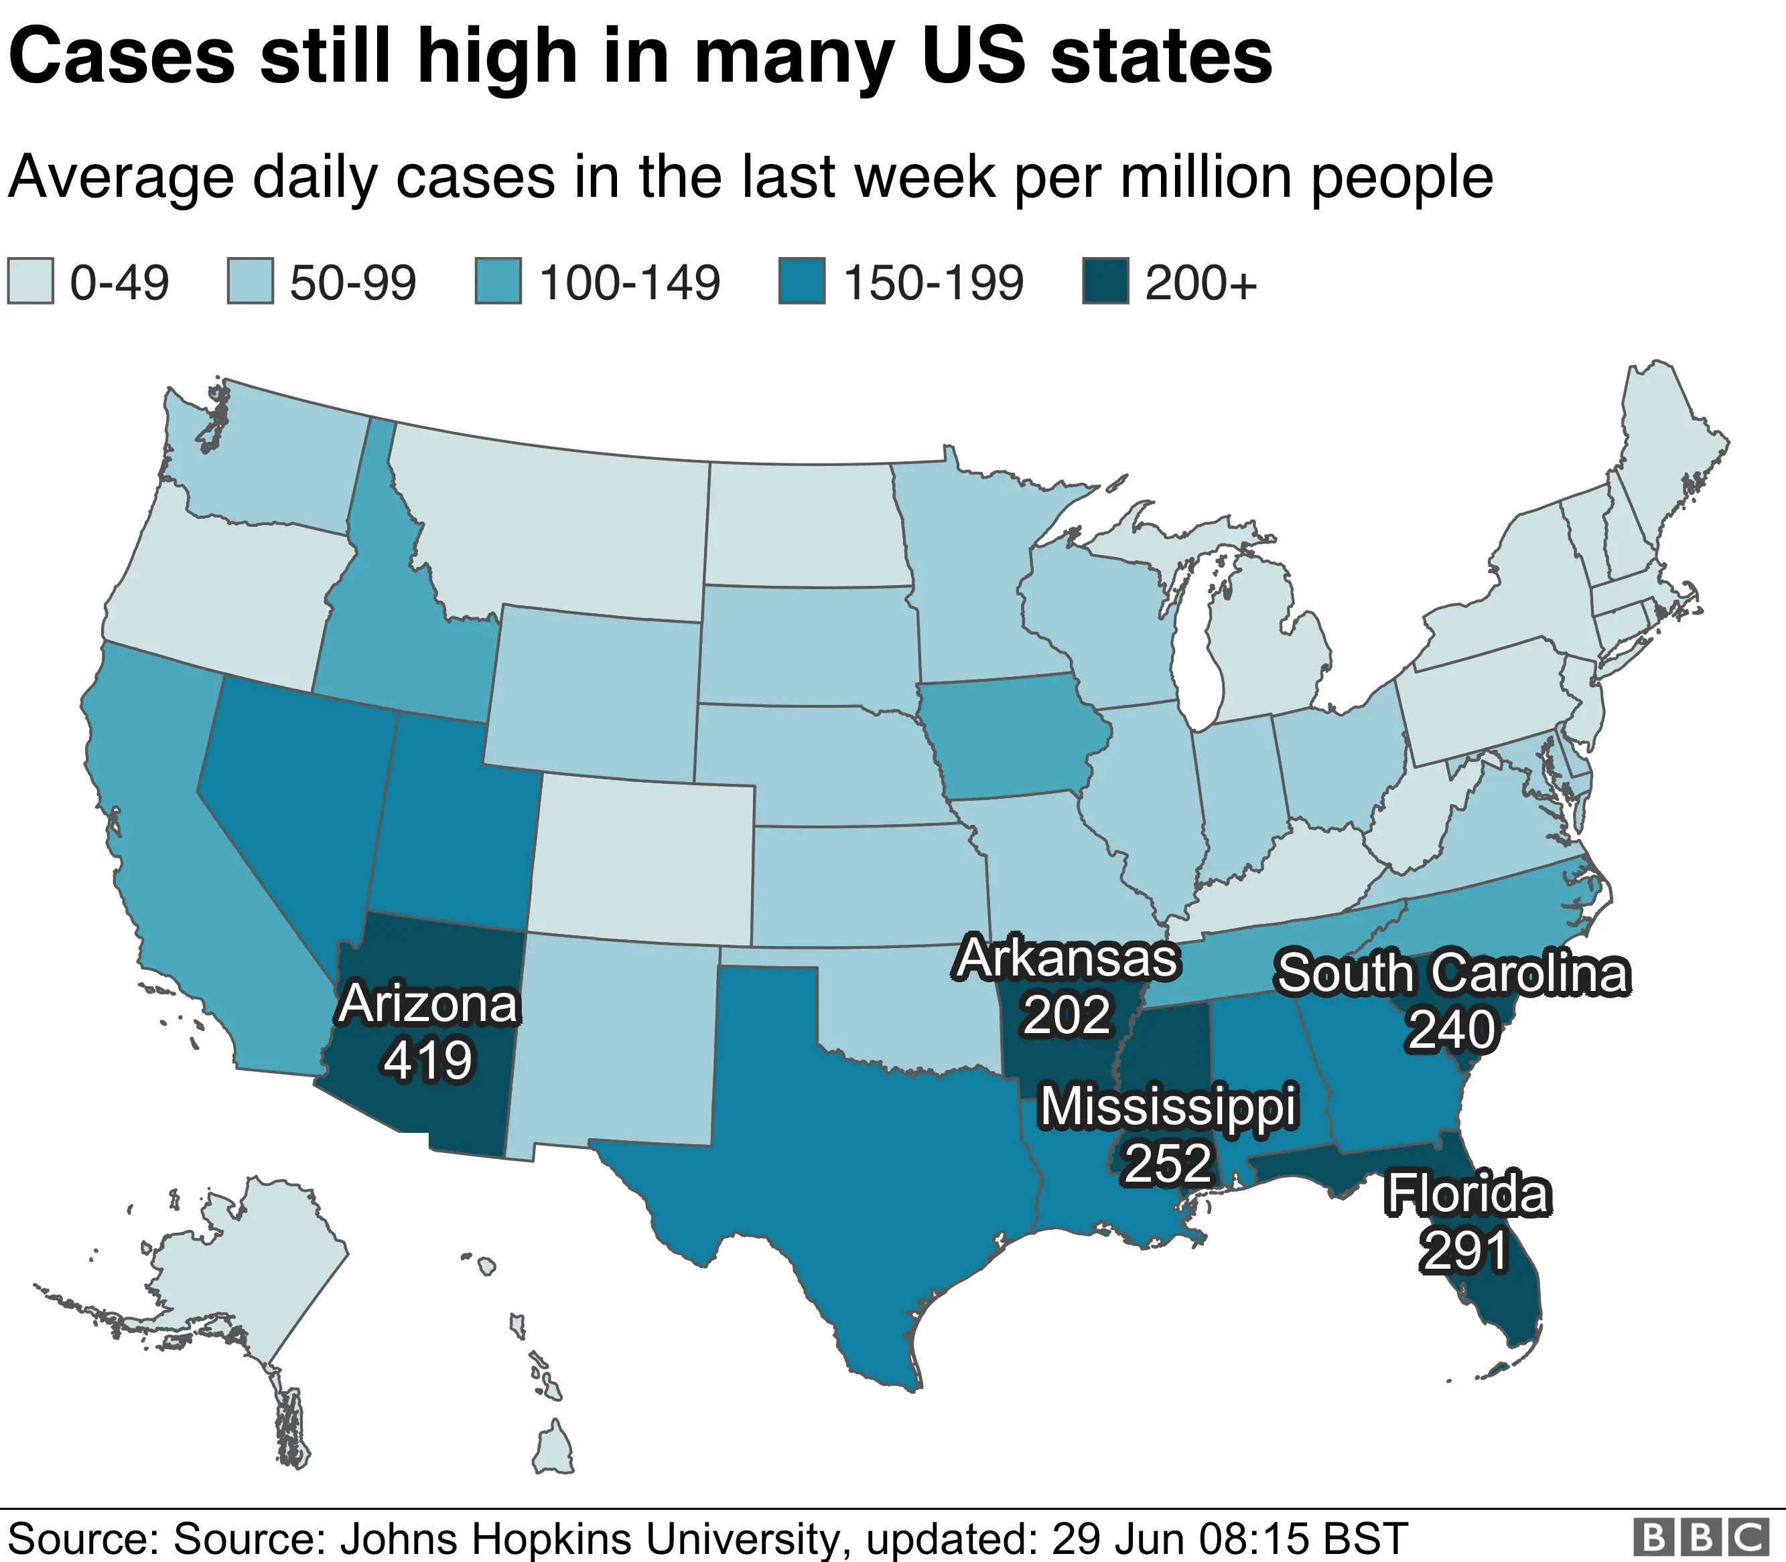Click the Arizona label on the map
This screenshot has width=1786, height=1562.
[428, 1004]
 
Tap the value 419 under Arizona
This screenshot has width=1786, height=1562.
[428, 1061]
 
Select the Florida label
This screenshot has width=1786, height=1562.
[1468, 1194]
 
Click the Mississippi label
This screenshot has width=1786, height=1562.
[1168, 1107]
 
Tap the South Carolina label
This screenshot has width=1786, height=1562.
[1452, 973]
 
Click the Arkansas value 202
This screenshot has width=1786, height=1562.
[1067, 1014]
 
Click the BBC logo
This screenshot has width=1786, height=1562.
[1700, 1536]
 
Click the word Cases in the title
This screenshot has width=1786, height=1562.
[122, 57]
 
